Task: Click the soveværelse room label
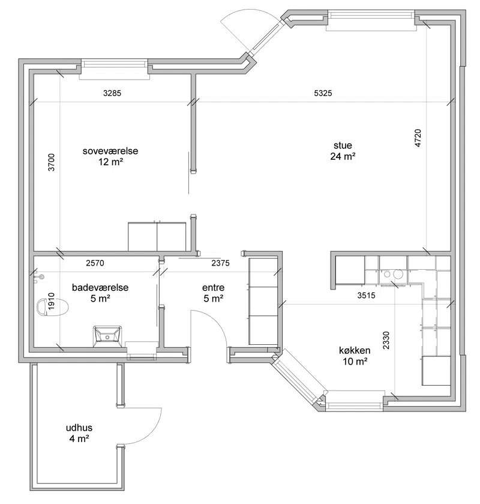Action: pyautogui.click(x=110, y=151)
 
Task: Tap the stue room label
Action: pyautogui.click(x=343, y=145)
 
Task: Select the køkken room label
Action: pyautogui.click(x=355, y=350)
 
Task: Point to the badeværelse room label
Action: pyautogui.click(x=100, y=287)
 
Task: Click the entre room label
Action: pyautogui.click(x=213, y=287)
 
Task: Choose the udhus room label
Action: pyautogui.click(x=79, y=428)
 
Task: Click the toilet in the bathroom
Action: pyautogui.click(x=53, y=308)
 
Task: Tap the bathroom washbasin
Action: pyautogui.click(x=107, y=336)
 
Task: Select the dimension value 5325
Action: pyautogui.click(x=323, y=93)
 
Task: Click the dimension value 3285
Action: pyautogui.click(x=112, y=93)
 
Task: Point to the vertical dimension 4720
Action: pyautogui.click(x=418, y=138)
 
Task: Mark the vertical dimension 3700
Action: pyautogui.click(x=52, y=162)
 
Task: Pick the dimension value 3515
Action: pyautogui.click(x=367, y=295)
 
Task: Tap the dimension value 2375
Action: pyautogui.click(x=221, y=263)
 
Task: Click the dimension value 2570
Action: pyautogui.click(x=95, y=263)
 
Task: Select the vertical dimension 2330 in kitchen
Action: pyautogui.click(x=386, y=341)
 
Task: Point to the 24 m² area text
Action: pyautogui.click(x=343, y=157)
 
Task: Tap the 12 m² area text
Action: pyautogui.click(x=111, y=162)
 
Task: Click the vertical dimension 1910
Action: pyautogui.click(x=52, y=302)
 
